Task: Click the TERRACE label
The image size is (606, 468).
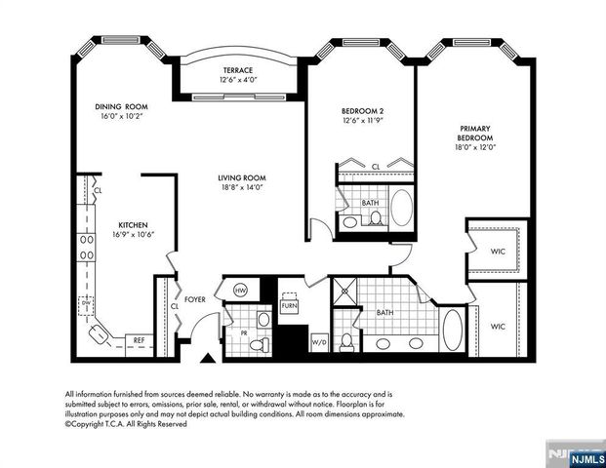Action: (x=237, y=71)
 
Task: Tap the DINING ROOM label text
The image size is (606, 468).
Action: (x=120, y=106)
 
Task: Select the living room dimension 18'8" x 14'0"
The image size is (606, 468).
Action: (x=241, y=187)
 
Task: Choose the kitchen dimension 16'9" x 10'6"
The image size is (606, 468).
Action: (x=133, y=234)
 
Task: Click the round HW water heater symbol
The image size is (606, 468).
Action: (x=240, y=291)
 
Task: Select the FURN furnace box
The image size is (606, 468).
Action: (x=289, y=305)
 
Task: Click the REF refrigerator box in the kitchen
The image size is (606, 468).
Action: (x=139, y=340)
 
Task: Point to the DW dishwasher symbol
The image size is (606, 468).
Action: (x=87, y=303)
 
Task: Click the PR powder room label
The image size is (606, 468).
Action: (x=230, y=332)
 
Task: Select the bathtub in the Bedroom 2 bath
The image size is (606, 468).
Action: (x=401, y=207)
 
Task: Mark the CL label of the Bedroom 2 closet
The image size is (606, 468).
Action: (x=376, y=167)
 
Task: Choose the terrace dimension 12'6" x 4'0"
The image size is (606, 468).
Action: (x=237, y=81)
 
